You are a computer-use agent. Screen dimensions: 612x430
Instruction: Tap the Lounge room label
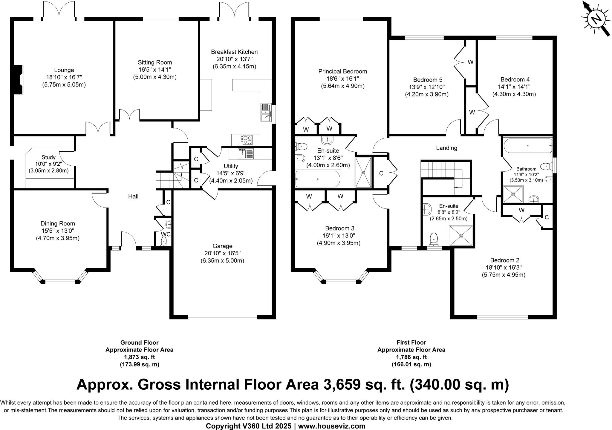pos(64,70)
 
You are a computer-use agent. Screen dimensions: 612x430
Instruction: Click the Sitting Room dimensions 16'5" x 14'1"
pos(155,70)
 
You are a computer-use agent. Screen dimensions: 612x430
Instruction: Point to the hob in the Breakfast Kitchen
pos(247,140)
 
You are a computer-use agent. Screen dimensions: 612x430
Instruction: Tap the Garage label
pos(222,246)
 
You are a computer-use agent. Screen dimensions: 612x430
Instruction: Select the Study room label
pos(48,157)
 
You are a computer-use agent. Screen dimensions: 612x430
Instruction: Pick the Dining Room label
pos(58,223)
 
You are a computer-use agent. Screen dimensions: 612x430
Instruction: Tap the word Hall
pos(133,196)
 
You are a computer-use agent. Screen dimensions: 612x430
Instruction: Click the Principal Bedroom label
pos(343,71)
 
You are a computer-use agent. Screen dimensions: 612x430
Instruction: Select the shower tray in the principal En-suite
pos(363,172)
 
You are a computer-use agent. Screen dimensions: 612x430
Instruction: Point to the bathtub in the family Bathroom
pos(528,146)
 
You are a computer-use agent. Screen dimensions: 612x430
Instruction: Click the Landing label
pos(447,148)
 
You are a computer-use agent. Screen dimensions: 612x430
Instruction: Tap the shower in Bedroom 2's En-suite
pos(461,236)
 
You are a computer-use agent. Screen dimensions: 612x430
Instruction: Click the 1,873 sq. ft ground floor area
pos(140,357)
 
